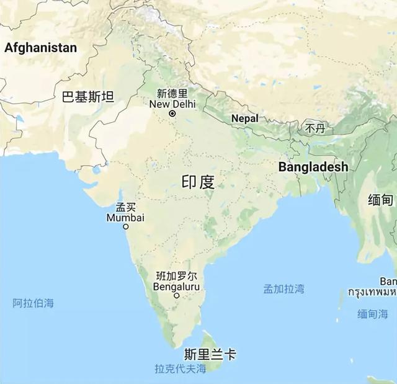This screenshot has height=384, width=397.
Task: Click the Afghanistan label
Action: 41,48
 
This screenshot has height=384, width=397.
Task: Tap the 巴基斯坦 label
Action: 88,96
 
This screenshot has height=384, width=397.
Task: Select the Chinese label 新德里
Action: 172,94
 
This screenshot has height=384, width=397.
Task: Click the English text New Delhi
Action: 172,104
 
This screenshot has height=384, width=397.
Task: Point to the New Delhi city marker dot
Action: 172,114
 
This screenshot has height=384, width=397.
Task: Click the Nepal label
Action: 244,118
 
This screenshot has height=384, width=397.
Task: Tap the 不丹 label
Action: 314,128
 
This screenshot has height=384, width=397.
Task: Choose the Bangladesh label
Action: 313,167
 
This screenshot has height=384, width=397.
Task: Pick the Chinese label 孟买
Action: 125,207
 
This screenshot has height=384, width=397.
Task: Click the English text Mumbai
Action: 125,218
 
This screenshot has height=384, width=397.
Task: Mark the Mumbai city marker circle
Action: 126,227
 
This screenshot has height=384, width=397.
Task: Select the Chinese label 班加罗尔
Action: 177,275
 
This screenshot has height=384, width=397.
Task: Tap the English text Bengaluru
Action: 176,286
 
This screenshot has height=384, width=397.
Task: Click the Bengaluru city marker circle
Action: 177,296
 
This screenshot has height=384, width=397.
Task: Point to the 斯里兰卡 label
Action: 210,355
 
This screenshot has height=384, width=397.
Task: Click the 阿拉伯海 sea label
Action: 33,303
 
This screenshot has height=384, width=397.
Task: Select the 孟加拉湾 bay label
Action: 283,288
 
